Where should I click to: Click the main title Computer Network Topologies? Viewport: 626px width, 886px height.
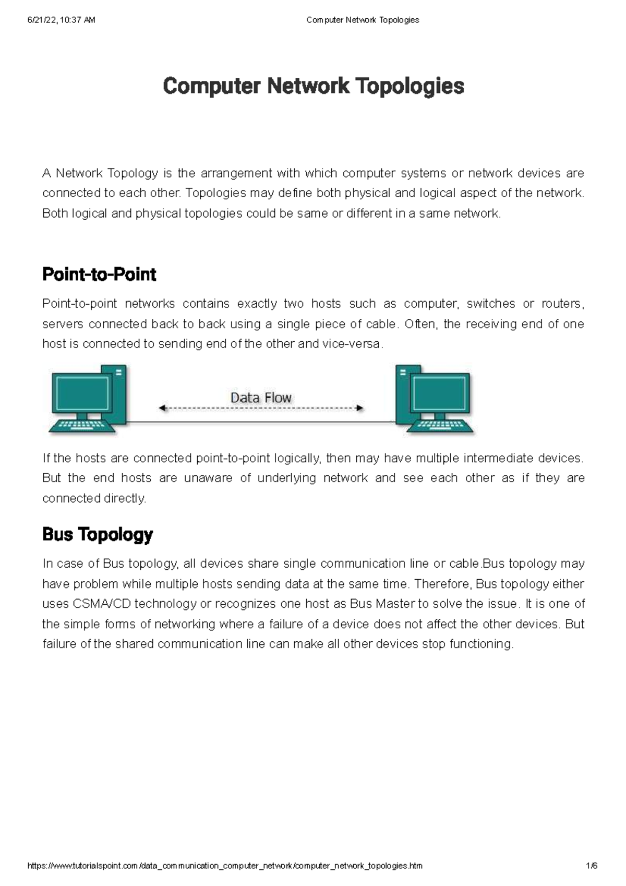click(x=313, y=86)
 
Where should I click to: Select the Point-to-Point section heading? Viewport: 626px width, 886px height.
click(x=99, y=274)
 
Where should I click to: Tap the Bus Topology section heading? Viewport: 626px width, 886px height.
click(x=98, y=534)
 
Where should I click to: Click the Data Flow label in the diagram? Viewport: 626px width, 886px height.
click(x=261, y=398)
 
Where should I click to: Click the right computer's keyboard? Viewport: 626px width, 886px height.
click(x=440, y=426)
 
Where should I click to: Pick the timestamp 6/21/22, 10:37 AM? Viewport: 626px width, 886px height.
click(x=61, y=20)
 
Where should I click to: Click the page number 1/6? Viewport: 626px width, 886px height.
click(x=592, y=866)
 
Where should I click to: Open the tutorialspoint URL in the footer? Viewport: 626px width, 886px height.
click(x=224, y=866)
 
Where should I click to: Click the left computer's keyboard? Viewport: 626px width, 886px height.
click(x=82, y=426)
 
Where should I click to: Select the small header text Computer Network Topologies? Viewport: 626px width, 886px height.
click(x=363, y=20)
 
